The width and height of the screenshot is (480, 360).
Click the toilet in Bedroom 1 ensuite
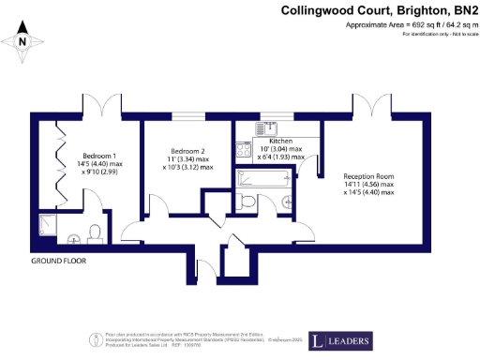pos(94,232)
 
